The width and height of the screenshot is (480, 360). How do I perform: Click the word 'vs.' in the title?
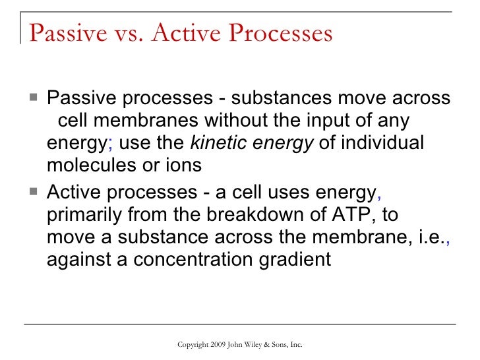(x=125, y=33)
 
